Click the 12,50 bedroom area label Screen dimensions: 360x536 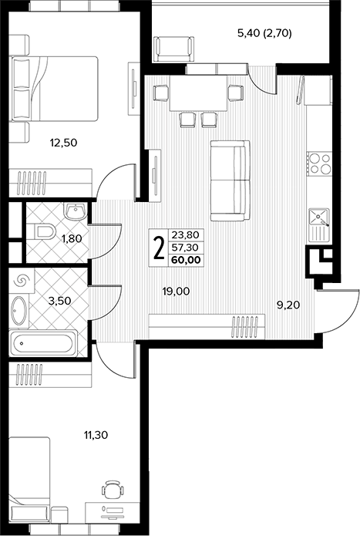pos(63,143)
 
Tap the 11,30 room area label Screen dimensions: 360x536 pos(96,435)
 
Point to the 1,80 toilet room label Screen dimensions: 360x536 pos(72,238)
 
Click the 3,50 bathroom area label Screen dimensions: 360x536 pos(60,301)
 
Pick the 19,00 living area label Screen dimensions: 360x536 pos(177,292)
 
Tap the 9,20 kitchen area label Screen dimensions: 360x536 pos(288,305)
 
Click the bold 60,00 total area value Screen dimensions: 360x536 pos(186,260)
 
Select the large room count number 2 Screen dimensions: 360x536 pos(159,248)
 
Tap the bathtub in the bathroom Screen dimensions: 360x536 pos(42,343)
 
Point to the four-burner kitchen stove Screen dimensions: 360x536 pos(319,163)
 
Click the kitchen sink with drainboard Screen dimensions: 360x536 pos(319,224)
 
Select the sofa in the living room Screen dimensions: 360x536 pos(230,180)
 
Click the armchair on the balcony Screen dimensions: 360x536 pos(173,49)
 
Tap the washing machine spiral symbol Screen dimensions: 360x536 pos(20,281)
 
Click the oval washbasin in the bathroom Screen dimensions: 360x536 pos(19,310)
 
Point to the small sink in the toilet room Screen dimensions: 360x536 pos(76,211)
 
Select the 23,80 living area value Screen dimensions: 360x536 pos(187,235)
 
